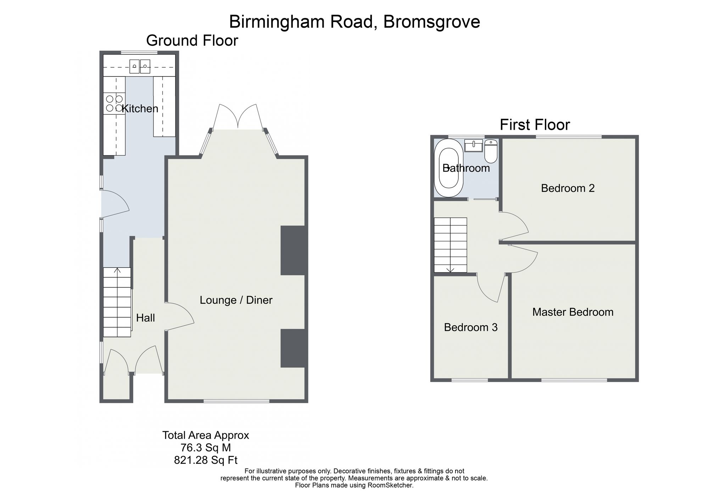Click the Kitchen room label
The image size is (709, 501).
[140, 108]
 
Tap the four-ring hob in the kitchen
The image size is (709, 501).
[114, 103]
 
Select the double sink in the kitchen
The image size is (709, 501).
[140, 66]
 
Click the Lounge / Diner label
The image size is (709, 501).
[236, 300]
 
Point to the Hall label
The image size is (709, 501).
[145, 318]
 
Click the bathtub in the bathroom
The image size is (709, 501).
[448, 168]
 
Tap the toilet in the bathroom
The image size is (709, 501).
[491, 151]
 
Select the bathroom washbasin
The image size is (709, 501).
[474, 146]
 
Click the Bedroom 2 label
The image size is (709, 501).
[568, 188]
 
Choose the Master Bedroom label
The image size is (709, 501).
[573, 312]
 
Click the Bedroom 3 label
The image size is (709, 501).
[471, 327]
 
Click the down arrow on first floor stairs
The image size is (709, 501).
[450, 270]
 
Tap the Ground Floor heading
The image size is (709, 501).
[192, 41]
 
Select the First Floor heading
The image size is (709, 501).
[535, 125]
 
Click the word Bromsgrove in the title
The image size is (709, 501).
[432, 22]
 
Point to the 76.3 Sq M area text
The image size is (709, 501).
[206, 447]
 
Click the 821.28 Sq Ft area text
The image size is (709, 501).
[206, 460]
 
